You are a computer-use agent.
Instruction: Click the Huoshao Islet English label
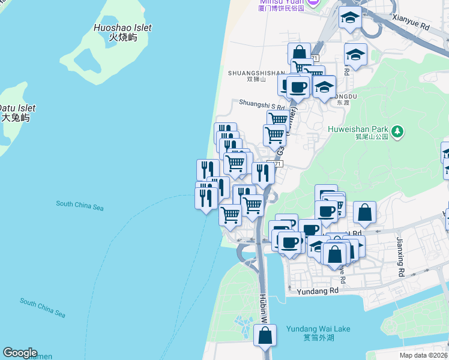pyautogui.click(x=122, y=28)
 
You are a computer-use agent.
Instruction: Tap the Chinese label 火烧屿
pyautogui.click(x=122, y=37)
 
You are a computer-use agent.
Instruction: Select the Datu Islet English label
pyautogui.click(x=17, y=108)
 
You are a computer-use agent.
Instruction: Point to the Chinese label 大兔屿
pyautogui.click(x=15, y=118)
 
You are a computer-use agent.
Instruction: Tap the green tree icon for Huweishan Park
pyautogui.click(x=397, y=131)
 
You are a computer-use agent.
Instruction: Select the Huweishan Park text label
pyautogui.click(x=358, y=128)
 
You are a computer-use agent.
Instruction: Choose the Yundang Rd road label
pyautogui.click(x=318, y=290)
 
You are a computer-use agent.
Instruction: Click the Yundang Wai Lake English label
pyautogui.click(x=318, y=329)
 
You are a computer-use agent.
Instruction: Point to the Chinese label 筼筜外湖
pyautogui.click(x=318, y=337)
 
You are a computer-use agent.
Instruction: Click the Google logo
pyautogui.click(x=20, y=353)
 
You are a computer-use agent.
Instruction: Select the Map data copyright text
pyautogui.click(x=423, y=355)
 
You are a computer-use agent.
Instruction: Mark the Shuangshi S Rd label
pyautogui.click(x=262, y=103)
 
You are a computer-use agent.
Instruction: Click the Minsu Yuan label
pyautogui.click(x=282, y=2)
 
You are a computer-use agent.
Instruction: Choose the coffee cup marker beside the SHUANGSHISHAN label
pyautogui.click(x=297, y=88)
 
